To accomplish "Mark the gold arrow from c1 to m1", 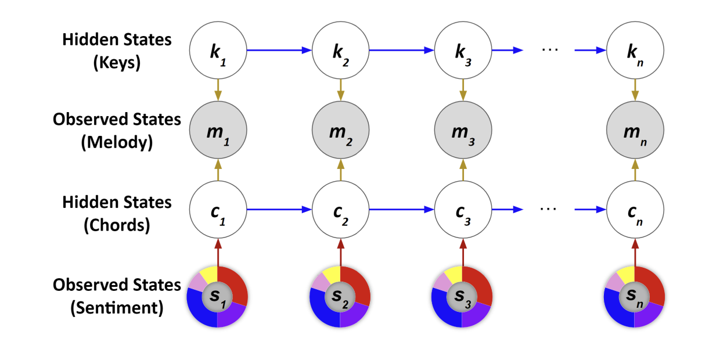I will (x=218, y=172).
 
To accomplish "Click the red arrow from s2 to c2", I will (x=340, y=251).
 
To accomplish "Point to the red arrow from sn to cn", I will (x=635, y=251).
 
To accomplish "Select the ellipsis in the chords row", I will (x=549, y=208).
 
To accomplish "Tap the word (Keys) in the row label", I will (x=117, y=63).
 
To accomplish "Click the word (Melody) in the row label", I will (x=117, y=142).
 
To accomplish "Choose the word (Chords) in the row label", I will (x=117, y=225).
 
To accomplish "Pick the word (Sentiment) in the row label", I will (x=117, y=308).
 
